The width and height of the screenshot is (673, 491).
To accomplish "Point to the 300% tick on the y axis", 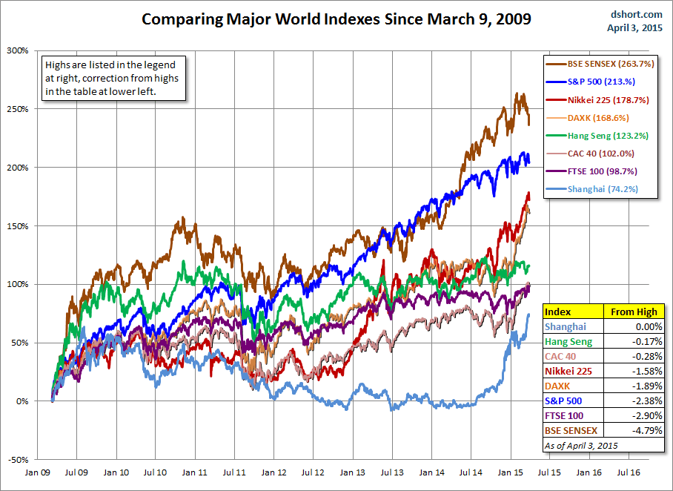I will click(18, 50).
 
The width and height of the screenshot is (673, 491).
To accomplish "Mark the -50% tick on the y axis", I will click(18, 460).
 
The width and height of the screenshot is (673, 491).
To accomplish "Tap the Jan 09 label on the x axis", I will click(39, 472).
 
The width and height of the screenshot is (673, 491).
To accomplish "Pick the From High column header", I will click(631, 312).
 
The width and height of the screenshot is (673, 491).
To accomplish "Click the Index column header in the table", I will click(558, 312).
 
